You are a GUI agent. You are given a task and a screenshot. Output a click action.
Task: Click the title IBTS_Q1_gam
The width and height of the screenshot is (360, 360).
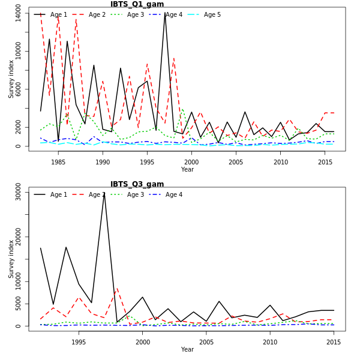click(137, 4)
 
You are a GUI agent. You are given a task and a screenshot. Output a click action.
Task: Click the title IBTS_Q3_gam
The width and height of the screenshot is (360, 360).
click(137, 184)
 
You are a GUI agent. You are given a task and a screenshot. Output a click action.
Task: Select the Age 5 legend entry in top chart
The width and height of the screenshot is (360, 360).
click(212, 14)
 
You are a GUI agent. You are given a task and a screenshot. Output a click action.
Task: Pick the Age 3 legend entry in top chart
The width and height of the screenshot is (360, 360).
click(135, 14)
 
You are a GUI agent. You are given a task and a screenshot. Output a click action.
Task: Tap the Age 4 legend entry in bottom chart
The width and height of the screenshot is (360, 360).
click(173, 194)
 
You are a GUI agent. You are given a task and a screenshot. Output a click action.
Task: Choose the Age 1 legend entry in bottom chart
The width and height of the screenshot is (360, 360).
click(58, 194)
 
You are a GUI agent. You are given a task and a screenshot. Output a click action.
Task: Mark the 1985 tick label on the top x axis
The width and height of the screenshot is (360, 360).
click(58, 162)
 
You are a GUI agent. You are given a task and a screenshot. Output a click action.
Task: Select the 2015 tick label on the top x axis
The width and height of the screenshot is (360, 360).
click(325, 162)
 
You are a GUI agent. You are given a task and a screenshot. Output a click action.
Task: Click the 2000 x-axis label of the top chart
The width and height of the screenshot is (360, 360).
click(191, 162)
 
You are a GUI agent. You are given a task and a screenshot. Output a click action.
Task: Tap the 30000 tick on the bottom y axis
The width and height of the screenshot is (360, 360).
click(18, 192)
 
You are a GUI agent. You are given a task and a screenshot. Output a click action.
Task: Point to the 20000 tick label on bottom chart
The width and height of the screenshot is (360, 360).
click(18, 237)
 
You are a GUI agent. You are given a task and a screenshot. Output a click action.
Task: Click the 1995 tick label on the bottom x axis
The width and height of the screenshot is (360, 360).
click(79, 342)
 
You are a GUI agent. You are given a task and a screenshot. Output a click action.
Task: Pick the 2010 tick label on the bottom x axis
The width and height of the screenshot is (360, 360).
click(270, 342)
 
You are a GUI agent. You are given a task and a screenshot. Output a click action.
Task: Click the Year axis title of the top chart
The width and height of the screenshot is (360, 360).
click(187, 170)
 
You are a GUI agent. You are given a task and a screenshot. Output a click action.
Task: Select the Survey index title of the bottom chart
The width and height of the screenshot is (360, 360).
click(11, 259)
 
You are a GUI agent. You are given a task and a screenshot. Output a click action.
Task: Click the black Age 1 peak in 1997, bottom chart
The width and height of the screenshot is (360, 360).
click(104, 193)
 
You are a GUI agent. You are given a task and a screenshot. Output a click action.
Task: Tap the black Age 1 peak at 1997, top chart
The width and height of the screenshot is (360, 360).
click(165, 13)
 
